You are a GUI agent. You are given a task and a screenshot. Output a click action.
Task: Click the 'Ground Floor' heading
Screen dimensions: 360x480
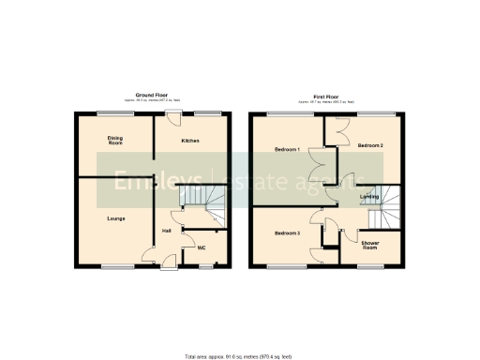click(151, 95)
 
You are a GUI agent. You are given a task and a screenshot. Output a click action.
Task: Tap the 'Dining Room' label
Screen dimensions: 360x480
click(115, 141)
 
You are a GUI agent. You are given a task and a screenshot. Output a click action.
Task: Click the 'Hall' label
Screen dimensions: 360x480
click(166, 231)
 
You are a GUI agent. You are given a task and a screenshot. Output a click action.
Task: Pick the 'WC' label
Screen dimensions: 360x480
click(202, 248)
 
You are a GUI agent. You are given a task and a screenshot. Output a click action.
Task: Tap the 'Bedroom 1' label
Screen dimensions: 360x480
click(286, 150)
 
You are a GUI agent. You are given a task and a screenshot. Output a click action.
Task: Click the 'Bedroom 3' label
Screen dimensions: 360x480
click(286, 232)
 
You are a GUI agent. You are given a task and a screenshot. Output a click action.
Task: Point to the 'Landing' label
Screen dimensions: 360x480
click(370, 196)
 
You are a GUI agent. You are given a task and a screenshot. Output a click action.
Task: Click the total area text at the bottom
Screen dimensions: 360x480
click(238, 356)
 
